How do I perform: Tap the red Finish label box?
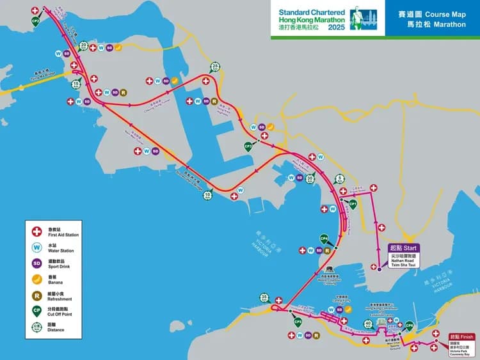click(x=461, y=336)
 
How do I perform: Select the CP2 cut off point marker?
click(x=36, y=20)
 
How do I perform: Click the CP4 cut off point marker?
click(x=324, y=239)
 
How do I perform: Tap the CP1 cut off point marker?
click(x=352, y=203)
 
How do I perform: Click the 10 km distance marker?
click(x=207, y=195)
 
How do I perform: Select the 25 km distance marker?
click(x=216, y=68)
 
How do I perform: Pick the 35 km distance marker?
click(x=264, y=297)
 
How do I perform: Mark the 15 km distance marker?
click(x=76, y=84)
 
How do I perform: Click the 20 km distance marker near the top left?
click(x=83, y=45)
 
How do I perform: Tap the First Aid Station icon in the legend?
click(x=37, y=231)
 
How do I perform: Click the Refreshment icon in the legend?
click(x=37, y=296)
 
